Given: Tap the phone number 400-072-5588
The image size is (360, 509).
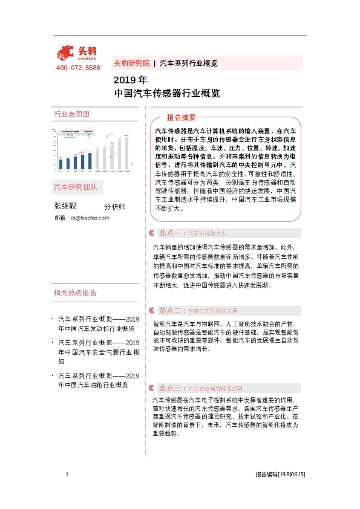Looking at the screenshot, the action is click(78, 68).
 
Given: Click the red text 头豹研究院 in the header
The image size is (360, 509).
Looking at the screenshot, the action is click(131, 63).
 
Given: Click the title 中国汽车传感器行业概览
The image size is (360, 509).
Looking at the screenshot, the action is click(167, 94).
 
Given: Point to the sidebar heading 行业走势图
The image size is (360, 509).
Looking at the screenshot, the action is click(71, 114).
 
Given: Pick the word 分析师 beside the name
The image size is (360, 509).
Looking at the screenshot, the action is click(115, 207).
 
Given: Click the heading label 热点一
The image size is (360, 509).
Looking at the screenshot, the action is click(169, 232).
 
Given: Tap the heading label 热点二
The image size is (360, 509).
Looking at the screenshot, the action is click(169, 310).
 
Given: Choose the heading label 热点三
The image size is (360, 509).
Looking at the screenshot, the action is click(169, 387).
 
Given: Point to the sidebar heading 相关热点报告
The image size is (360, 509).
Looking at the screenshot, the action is click(75, 293).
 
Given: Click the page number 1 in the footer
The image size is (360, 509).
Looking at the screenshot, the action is click(67, 475).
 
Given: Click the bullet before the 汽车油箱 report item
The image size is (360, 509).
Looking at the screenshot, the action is click(54, 376).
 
